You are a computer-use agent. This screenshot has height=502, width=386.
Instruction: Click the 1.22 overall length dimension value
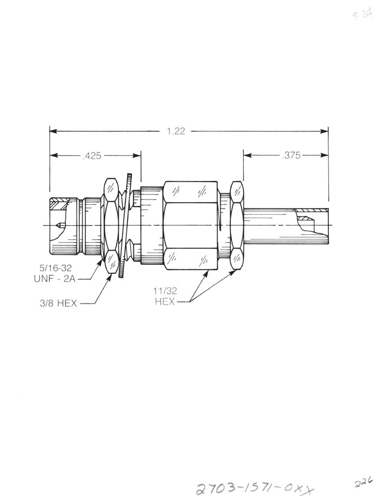click(x=176, y=131)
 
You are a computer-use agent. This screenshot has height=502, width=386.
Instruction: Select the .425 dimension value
click(x=92, y=155)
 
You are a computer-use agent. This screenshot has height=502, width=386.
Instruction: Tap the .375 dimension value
click(x=291, y=155)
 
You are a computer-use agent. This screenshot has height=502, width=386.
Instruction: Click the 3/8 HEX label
click(x=58, y=303)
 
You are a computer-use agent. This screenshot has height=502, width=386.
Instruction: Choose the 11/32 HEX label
click(x=165, y=296)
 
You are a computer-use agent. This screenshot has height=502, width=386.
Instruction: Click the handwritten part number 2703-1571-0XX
click(x=255, y=489)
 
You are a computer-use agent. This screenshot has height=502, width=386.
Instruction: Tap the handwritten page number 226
click(x=363, y=482)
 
